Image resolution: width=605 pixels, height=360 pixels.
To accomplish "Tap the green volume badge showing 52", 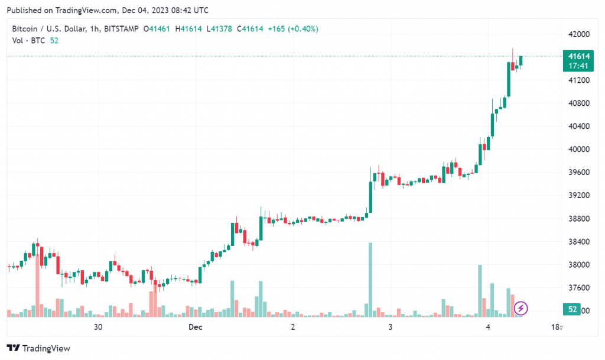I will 573,309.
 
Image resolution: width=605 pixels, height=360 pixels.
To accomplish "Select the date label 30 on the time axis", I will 98,327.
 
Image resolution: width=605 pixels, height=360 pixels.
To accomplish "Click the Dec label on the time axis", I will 196,327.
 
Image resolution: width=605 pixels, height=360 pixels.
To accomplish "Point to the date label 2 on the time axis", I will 293,327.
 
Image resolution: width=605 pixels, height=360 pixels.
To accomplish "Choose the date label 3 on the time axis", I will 391,327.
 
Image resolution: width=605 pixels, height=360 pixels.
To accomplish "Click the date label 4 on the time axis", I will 488,327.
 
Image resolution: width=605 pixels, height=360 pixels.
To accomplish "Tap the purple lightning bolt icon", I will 521,308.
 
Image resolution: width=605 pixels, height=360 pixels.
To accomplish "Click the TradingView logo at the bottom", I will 38,348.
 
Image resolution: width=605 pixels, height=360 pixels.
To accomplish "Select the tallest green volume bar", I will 370,278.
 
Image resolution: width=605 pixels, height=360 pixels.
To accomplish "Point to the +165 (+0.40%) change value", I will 292,28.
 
